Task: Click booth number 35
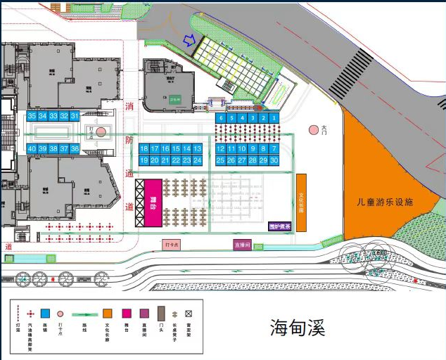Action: pos(32,116)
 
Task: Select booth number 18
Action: pos(144,149)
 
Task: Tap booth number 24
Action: pos(198,160)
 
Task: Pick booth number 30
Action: pos(274,160)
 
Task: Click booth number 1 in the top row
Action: pos(274,118)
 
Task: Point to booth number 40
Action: pos(32,149)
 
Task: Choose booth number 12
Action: pos(220,149)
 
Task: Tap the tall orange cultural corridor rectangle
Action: pos(301,202)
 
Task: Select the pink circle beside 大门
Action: pos(314,130)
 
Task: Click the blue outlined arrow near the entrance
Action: pos(188,41)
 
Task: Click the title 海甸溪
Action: pos(300,328)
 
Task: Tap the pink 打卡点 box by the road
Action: pos(172,245)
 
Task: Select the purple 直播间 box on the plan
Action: pos(243,245)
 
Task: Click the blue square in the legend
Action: pos(45,314)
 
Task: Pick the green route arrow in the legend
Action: pos(85,314)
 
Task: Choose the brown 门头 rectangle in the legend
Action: pos(161,314)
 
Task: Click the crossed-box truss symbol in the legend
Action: pos(189,314)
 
